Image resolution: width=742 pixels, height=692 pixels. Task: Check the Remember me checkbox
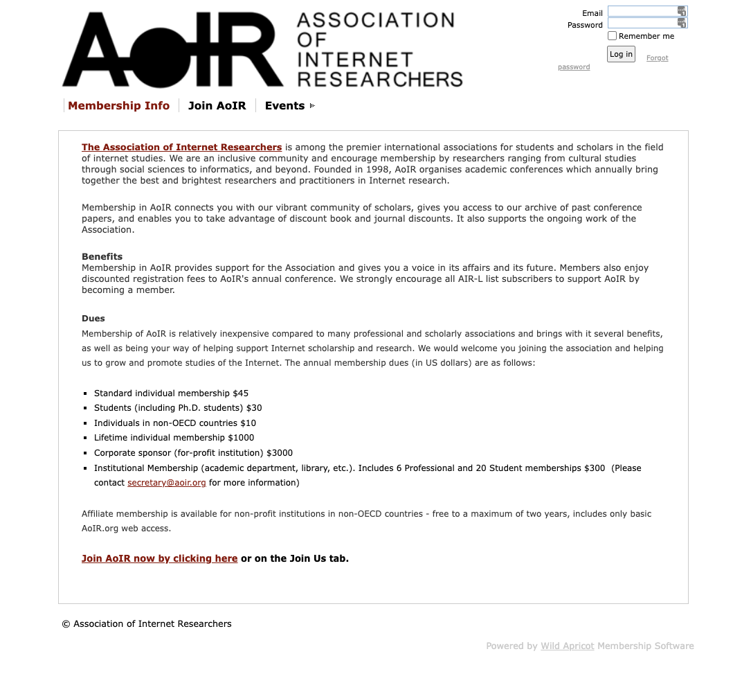click(x=612, y=36)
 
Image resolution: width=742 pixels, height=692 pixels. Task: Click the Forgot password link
click(x=657, y=58)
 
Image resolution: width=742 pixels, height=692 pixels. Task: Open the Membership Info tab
click(x=119, y=106)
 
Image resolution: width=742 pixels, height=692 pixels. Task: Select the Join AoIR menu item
click(x=217, y=106)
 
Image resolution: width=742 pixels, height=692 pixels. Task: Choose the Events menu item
click(x=284, y=106)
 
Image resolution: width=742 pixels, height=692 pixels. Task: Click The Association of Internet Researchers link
click(x=181, y=147)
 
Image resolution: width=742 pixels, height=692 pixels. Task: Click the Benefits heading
click(x=102, y=256)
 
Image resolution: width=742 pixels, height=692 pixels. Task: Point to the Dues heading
click(x=93, y=319)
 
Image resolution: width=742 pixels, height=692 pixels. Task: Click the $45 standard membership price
click(x=241, y=393)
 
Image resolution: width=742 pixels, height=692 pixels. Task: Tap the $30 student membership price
click(x=254, y=408)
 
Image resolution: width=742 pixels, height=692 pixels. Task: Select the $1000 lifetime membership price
click(x=241, y=438)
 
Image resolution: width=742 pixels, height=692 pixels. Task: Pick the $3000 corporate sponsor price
click(x=280, y=453)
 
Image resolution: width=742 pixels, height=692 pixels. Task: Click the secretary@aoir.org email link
click(x=167, y=483)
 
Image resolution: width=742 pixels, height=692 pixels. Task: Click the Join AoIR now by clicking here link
click(x=159, y=558)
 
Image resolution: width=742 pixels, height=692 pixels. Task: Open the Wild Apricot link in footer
click(x=568, y=646)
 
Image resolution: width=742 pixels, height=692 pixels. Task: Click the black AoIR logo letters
click(x=173, y=50)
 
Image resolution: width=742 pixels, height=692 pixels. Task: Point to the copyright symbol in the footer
click(x=66, y=624)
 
